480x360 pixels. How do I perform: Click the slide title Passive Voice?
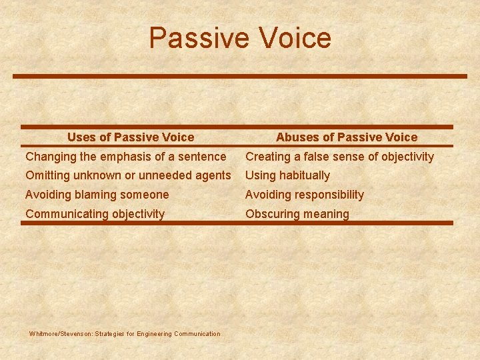tap(240, 38)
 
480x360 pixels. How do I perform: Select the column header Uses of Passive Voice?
tap(131, 137)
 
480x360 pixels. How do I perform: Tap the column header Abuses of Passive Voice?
tap(347, 137)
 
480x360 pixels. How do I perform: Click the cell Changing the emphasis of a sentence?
tap(125, 157)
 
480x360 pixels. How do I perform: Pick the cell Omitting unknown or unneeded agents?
tap(128, 175)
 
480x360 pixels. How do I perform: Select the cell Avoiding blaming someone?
tap(97, 195)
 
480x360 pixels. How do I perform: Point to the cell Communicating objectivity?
tap(95, 214)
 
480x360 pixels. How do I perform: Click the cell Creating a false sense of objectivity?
tap(339, 157)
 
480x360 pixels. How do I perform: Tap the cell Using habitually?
tap(287, 175)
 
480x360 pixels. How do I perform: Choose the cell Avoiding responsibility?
tap(305, 195)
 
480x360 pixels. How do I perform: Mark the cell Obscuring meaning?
tap(297, 214)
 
